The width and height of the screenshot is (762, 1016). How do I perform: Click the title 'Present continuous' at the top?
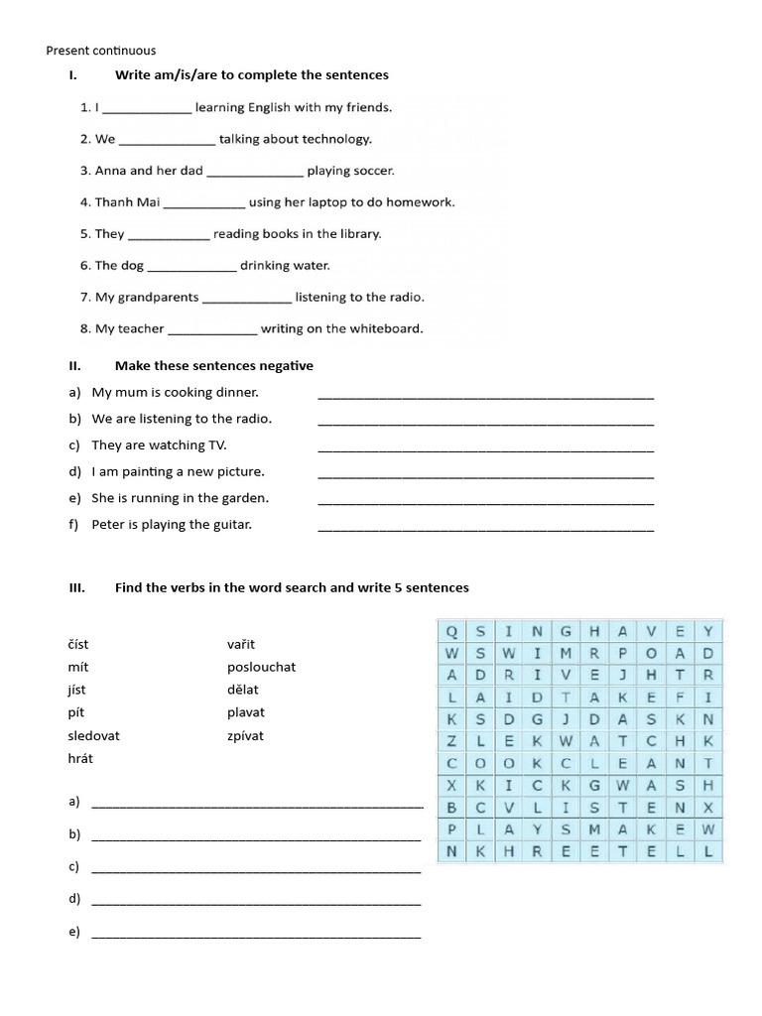click(x=101, y=51)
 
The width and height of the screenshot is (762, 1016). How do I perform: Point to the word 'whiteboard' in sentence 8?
click(x=381, y=328)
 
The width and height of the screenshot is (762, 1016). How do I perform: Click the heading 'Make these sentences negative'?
click(x=213, y=366)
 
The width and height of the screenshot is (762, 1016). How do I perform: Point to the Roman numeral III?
click(x=77, y=587)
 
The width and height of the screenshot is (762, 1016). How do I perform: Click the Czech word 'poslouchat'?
click(x=261, y=667)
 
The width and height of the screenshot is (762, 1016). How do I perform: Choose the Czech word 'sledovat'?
click(x=93, y=736)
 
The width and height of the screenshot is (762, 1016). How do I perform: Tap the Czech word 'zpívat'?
click(x=245, y=736)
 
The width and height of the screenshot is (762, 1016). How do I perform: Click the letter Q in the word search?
click(x=451, y=631)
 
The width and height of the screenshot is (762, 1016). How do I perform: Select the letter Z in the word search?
click(x=451, y=741)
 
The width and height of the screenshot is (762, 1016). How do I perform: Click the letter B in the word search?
click(x=451, y=807)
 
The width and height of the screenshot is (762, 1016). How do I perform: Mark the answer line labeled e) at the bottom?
click(x=256, y=935)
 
